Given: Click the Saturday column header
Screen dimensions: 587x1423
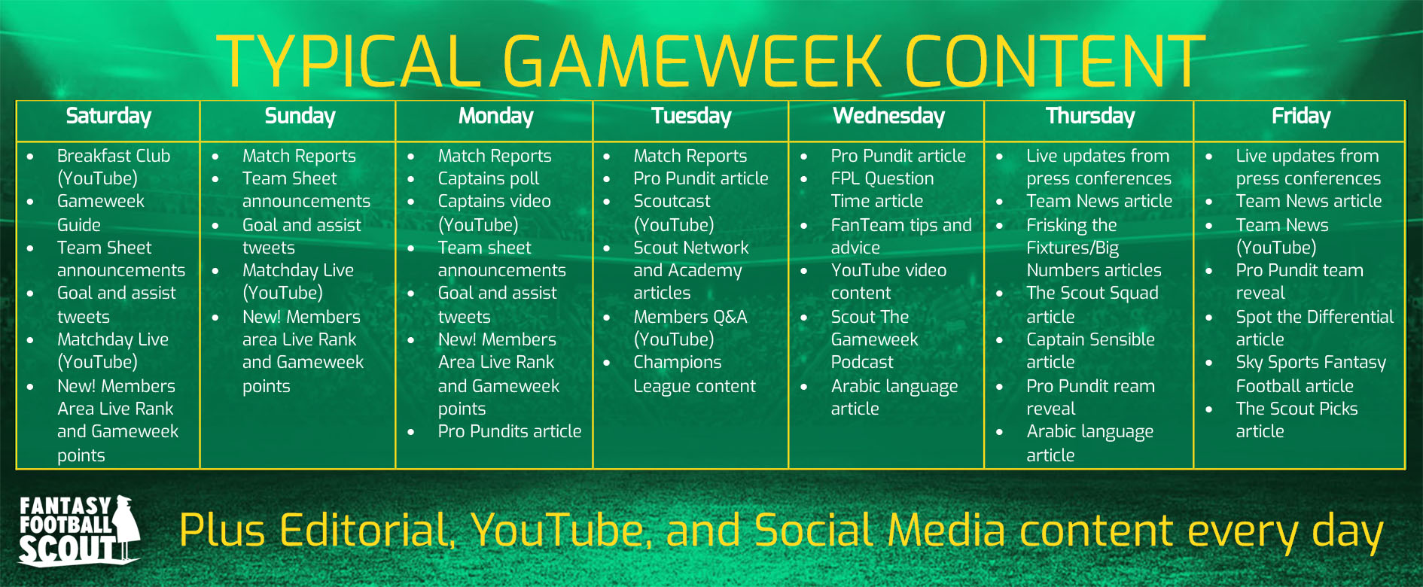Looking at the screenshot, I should click(x=108, y=116).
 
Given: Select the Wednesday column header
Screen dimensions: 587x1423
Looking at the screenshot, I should click(x=888, y=116).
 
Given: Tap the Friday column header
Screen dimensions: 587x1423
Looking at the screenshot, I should click(x=1300, y=116).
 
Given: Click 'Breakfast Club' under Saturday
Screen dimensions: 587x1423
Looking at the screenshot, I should click(x=113, y=157).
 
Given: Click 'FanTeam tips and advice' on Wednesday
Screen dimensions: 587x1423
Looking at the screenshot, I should click(x=900, y=236).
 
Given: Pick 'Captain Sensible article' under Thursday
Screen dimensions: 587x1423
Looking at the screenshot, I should click(x=1089, y=351).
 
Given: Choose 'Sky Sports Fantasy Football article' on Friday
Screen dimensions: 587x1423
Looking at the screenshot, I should click(x=1310, y=374).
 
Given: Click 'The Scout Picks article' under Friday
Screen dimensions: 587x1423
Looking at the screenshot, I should click(x=1296, y=419).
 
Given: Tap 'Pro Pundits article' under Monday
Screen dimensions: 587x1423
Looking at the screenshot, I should click(x=509, y=431).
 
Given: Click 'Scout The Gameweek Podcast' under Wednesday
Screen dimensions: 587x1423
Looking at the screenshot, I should click(x=873, y=339).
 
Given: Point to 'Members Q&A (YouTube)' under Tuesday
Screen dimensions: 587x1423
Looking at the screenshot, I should click(x=689, y=328).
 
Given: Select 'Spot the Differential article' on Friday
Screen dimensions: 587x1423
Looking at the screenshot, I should click(x=1314, y=327).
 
